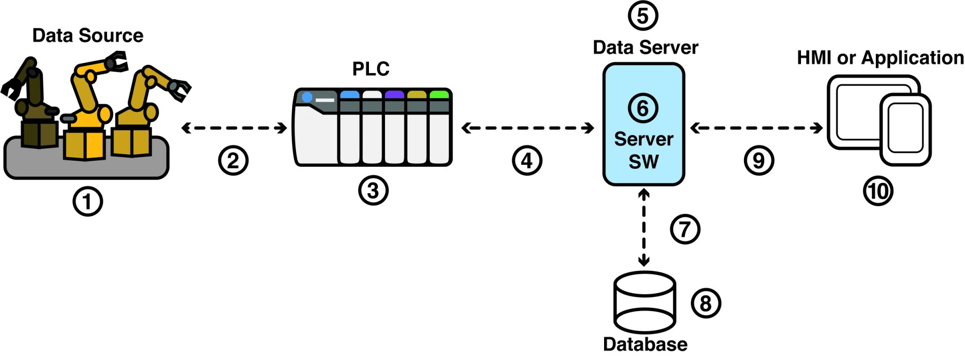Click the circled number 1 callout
[88, 201]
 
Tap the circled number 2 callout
[233, 160]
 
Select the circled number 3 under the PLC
[373, 190]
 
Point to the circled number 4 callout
[527, 160]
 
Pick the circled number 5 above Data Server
[643, 16]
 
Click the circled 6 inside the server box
[643, 108]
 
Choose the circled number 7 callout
[685, 229]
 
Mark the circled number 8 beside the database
[705, 303]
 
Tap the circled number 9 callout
[759, 160]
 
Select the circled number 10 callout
[878, 191]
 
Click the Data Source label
[88, 36]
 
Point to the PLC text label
[371, 69]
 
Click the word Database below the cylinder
[645, 344]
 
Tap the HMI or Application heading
[880, 58]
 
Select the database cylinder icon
[645, 302]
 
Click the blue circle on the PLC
[307, 97]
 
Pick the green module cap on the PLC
[439, 95]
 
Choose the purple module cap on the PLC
[394, 95]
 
